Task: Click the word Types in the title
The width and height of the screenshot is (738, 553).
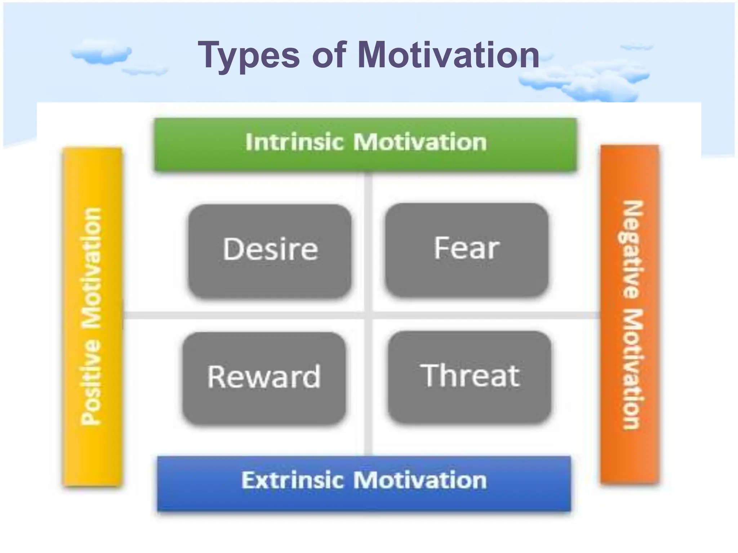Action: (x=249, y=56)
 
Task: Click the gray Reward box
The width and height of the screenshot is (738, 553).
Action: (x=264, y=378)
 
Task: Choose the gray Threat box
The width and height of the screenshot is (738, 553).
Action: (x=470, y=377)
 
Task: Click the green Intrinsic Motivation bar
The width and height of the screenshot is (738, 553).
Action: (x=365, y=144)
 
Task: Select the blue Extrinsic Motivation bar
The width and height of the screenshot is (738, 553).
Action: (x=364, y=482)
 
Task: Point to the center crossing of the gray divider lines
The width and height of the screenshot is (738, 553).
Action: (x=368, y=315)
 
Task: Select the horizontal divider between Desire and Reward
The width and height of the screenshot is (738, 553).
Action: (x=245, y=315)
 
